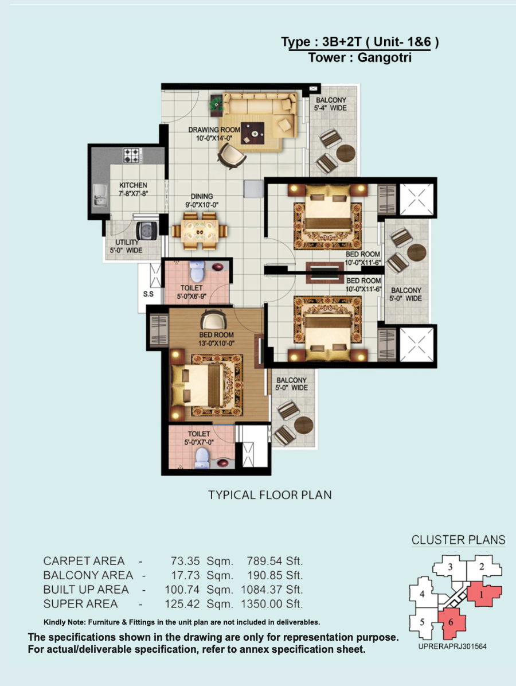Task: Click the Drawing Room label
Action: coord(214,130)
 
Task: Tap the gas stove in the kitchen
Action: coord(132,155)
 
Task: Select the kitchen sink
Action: coord(100,195)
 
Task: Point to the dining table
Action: coord(200,231)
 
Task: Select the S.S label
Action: coord(148,294)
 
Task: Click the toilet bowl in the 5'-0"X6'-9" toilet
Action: coord(197,271)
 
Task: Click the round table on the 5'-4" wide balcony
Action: coord(346,154)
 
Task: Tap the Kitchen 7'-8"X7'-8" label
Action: coord(134,189)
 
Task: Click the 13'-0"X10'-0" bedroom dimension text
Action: coord(217,344)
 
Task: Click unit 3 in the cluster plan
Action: coord(451,567)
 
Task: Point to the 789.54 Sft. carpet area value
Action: coord(275,561)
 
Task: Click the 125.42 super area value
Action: coord(182,604)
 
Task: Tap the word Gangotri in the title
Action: coord(384,57)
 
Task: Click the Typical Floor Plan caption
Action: coord(270,495)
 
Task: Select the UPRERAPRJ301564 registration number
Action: coord(452,646)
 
